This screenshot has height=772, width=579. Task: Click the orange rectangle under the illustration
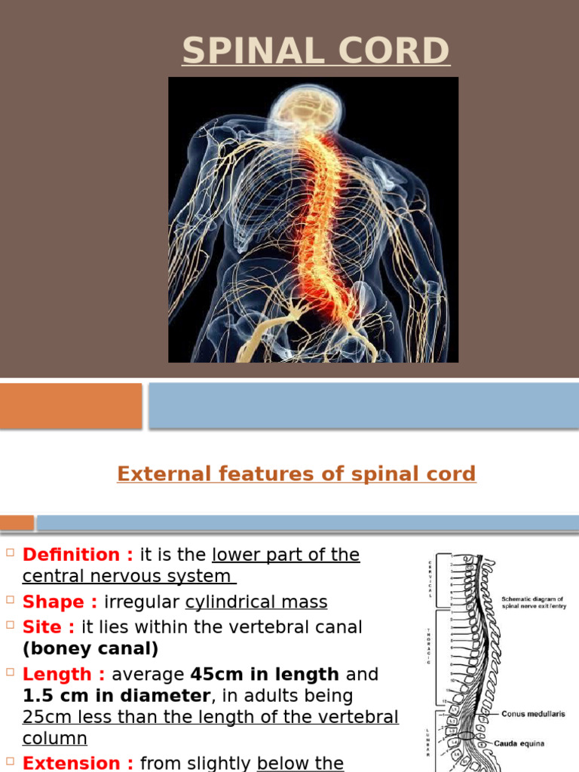[x=70, y=406]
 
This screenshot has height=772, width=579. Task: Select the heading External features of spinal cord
[x=296, y=474]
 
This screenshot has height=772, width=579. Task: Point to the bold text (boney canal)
[x=90, y=649]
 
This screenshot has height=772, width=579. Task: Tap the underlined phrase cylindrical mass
[x=256, y=602]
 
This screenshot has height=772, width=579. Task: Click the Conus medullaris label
[x=535, y=713]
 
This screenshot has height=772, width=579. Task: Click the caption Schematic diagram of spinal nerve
[x=532, y=602]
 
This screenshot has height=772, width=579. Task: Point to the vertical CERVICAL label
[x=430, y=578]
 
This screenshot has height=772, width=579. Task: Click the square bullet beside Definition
[x=10, y=554]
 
